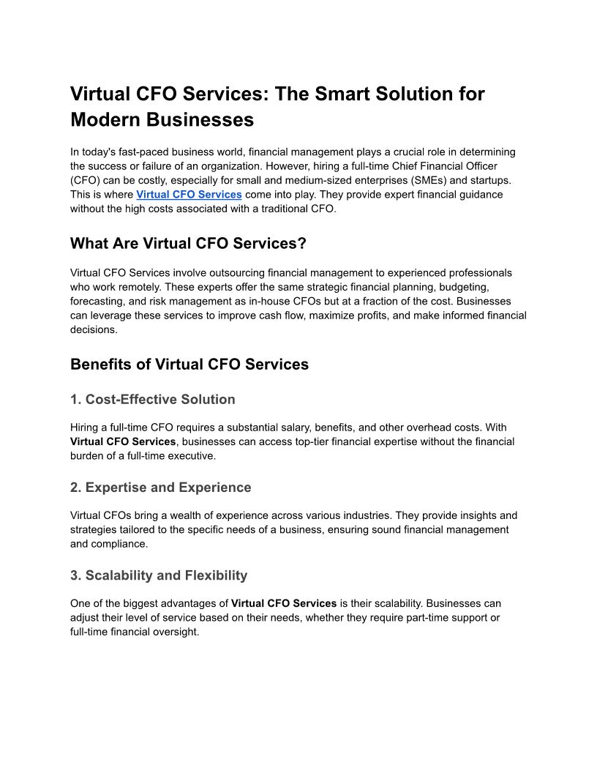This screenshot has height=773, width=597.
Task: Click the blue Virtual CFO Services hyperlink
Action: click(189, 194)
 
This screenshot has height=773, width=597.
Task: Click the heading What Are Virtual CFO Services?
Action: click(188, 243)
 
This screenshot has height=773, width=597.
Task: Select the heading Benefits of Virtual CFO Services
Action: click(189, 364)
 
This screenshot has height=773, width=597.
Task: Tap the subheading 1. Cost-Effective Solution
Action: click(153, 400)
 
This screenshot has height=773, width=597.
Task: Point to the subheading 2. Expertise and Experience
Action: click(161, 488)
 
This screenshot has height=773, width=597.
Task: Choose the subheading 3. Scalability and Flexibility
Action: click(159, 575)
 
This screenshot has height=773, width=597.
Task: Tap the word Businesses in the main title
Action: click(193, 119)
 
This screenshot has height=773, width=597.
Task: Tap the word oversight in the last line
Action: click(176, 632)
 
